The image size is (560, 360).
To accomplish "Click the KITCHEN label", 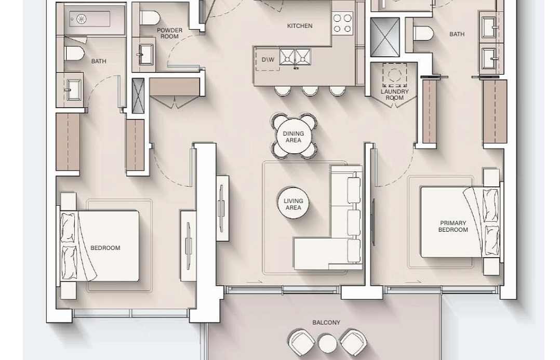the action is click(300, 26).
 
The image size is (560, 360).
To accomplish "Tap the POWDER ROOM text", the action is click(169, 33).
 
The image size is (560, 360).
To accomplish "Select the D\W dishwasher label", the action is click(268, 59).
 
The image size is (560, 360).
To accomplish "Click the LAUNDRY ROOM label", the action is click(394, 95).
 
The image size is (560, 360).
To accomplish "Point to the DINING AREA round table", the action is click(294, 137).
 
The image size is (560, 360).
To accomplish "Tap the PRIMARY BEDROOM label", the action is click(453, 226).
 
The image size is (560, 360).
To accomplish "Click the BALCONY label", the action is click(326, 323).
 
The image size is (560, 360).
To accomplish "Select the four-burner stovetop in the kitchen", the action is click(342, 23).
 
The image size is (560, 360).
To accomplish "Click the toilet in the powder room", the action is click(150, 17).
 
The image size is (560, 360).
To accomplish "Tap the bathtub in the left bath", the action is click(90, 19).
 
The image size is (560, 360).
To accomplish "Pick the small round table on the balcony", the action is click(327, 343).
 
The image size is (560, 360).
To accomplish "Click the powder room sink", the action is click(145, 55).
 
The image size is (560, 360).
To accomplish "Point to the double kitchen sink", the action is click(295, 57).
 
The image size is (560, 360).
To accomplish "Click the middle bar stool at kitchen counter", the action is click(310, 90).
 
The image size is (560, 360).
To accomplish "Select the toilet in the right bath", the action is click(423, 33).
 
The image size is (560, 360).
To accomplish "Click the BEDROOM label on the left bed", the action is click(105, 248).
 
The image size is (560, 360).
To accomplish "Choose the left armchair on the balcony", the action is click(301, 343).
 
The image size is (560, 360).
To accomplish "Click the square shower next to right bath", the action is click(384, 37).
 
